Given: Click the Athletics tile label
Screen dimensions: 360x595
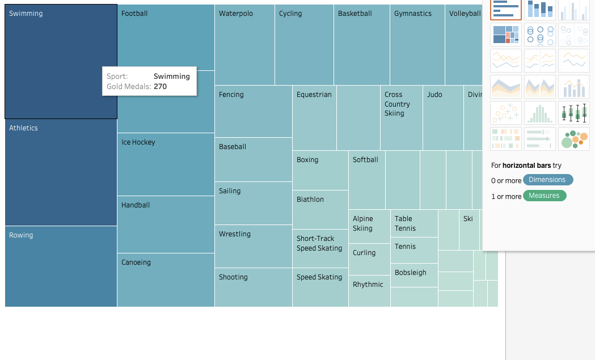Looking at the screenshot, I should click(23, 128).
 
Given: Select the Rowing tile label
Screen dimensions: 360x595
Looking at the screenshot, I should click(21, 235).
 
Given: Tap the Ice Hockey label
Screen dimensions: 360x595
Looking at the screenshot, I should click(138, 142).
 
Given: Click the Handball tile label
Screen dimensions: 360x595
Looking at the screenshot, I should click(136, 205).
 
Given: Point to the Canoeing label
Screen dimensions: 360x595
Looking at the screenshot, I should click(136, 262).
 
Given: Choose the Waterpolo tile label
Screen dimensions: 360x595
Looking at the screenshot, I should click(236, 14).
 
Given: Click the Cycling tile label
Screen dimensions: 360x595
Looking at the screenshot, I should click(290, 14).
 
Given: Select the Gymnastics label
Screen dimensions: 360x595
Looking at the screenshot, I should click(413, 14).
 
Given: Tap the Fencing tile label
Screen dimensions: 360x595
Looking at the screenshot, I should click(231, 95).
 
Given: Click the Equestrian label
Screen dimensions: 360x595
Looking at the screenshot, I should click(314, 95).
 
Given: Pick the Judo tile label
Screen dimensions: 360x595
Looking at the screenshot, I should click(434, 95).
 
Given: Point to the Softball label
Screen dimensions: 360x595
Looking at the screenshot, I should click(365, 160).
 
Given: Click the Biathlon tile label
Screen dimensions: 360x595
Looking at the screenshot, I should click(310, 200).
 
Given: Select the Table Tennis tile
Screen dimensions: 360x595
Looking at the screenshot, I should click(406, 223).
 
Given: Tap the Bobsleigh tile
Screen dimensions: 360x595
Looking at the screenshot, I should click(411, 273).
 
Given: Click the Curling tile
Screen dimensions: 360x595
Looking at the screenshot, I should click(364, 253).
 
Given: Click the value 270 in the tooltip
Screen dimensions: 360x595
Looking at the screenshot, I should click(161, 87).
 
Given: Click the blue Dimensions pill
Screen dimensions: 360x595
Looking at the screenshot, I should click(547, 180).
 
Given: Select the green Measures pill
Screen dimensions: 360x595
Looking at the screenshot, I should click(544, 196).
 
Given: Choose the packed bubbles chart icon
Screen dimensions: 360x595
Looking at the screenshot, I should click(573, 139).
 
